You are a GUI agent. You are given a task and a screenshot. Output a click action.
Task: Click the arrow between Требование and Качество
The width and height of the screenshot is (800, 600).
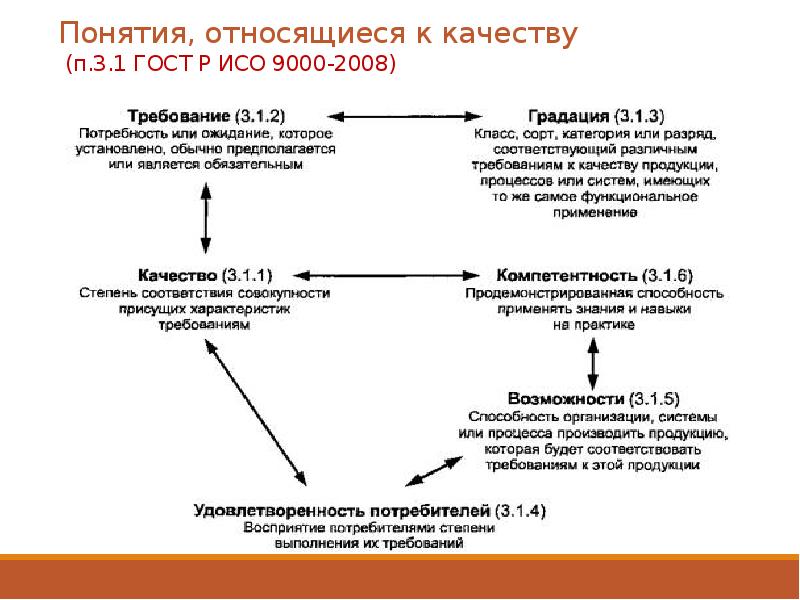(x=205, y=215)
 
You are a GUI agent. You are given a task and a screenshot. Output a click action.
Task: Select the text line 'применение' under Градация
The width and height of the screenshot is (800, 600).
(x=593, y=213)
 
